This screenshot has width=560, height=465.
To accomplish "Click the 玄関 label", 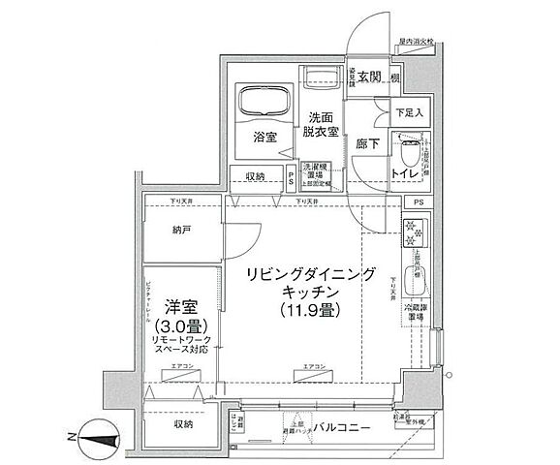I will pyautogui.click(x=368, y=77).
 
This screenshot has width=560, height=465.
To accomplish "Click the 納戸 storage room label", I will pyautogui.click(x=170, y=232).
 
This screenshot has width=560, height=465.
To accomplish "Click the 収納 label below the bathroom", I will pyautogui.click(x=255, y=175).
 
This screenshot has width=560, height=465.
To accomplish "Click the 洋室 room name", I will pyautogui.click(x=176, y=301).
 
